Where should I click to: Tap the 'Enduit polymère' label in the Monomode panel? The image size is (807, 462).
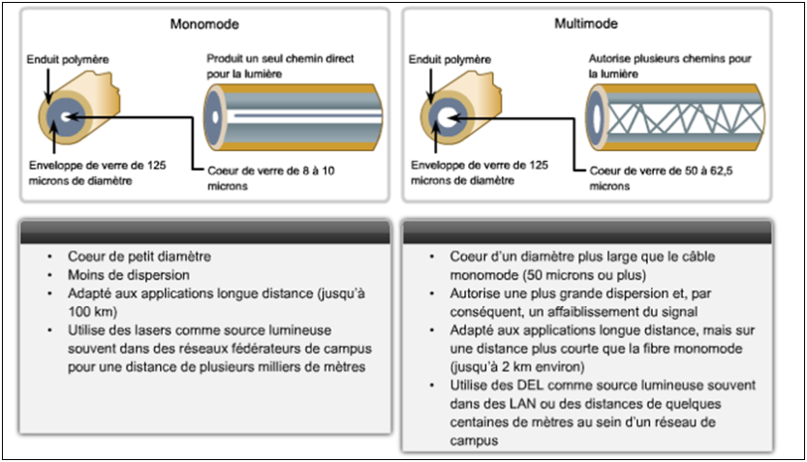[68, 60]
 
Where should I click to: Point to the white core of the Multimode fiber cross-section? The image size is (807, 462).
[447, 116]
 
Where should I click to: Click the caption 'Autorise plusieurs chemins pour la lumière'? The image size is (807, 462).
[670, 66]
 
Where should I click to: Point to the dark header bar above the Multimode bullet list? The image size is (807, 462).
[585, 232]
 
